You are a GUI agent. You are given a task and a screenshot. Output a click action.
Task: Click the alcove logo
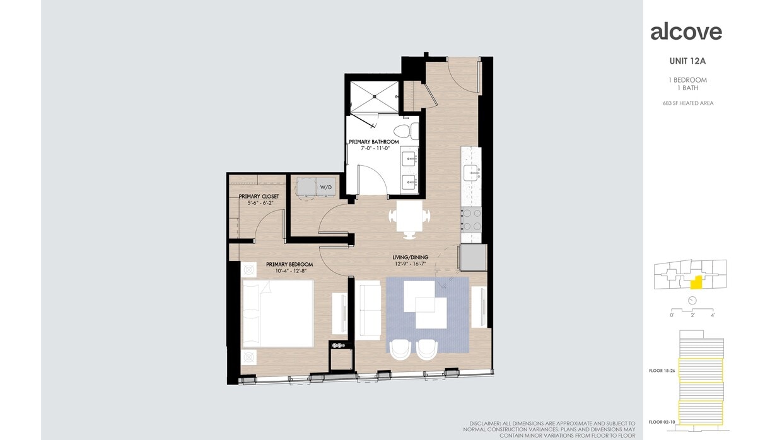(x=686, y=32)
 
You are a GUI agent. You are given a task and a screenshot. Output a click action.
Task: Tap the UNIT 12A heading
(x=687, y=62)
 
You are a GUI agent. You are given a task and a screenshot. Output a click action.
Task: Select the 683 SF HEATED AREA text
(x=688, y=103)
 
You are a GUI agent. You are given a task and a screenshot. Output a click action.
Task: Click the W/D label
(x=325, y=187)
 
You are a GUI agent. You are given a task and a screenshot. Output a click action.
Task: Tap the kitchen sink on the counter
(x=471, y=172)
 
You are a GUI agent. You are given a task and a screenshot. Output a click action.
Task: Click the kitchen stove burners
(x=472, y=220)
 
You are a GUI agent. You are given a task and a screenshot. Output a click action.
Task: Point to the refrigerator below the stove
(x=473, y=257)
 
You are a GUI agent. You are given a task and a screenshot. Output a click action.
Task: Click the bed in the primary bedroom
(x=277, y=313)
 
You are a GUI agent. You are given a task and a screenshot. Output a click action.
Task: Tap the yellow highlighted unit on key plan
(x=696, y=283)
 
